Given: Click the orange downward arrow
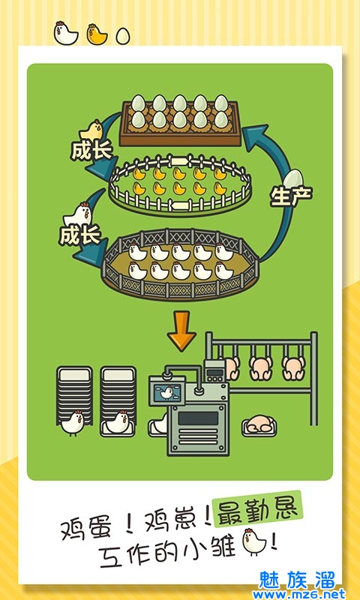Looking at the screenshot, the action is [181, 331].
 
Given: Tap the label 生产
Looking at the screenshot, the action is [292, 196].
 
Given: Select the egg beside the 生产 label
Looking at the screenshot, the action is [293, 179].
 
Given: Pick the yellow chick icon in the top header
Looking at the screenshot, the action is [97, 34].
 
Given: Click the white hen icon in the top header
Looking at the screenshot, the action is [66, 33].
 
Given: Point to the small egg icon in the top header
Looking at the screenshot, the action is [123, 35].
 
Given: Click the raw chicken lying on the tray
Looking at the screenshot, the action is [259, 424].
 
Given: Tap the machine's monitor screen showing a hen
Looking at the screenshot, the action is [166, 391].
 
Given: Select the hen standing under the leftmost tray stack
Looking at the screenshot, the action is [72, 422].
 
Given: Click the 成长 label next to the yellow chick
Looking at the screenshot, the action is [91, 151].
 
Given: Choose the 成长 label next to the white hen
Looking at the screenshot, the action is [79, 235].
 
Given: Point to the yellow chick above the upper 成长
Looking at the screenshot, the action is [91, 130].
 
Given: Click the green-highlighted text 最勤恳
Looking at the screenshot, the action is [258, 509].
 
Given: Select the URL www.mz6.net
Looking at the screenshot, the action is [298, 594].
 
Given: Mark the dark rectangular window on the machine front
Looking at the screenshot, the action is [198, 418].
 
